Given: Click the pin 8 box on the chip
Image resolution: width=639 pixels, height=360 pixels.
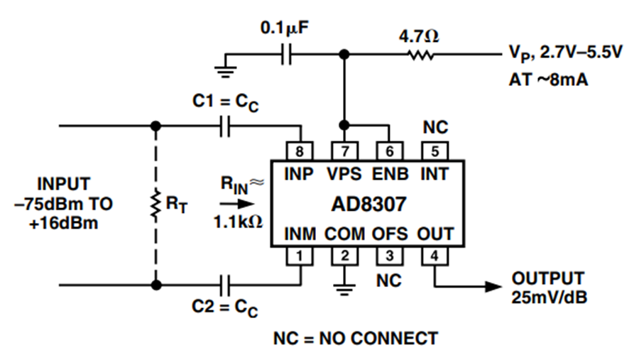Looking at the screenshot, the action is point(300,151).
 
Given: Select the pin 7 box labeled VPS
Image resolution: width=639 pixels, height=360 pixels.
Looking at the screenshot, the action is point(345,151).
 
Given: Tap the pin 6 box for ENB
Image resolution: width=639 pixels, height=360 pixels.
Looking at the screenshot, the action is point(390,151).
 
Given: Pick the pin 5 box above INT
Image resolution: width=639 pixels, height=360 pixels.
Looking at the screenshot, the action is point(435,151).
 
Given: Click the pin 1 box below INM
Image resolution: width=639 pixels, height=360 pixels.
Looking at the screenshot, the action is point(300,256).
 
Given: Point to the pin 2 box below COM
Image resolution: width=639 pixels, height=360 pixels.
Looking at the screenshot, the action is point(345,256).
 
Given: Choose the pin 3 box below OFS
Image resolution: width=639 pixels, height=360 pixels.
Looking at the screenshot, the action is point(390,256).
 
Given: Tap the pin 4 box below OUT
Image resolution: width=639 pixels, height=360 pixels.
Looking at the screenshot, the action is point(435,256).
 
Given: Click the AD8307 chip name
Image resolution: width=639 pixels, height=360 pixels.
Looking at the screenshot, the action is point(368,204).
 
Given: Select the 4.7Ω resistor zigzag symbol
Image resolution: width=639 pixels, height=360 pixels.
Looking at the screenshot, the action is point(420,54).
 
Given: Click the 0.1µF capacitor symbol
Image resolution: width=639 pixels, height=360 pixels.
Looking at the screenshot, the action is point(287,54).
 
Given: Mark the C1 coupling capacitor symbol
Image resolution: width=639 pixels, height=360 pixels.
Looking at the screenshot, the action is point(224,126).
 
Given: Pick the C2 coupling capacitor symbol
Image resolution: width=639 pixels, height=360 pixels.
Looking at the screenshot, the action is point(224,285).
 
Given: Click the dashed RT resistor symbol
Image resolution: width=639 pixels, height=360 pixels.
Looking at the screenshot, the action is point(155,205).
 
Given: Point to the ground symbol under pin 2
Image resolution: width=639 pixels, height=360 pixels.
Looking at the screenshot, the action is point(345,288).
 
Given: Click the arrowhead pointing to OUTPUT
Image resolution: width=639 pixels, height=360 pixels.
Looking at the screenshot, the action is point(493,286).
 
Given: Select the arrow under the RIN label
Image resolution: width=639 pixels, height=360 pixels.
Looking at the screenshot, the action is point(237,204).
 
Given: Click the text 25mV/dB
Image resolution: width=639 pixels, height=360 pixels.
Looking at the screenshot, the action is point(550,298).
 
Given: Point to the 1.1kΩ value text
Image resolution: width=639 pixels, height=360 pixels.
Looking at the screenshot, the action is point(239,222).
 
